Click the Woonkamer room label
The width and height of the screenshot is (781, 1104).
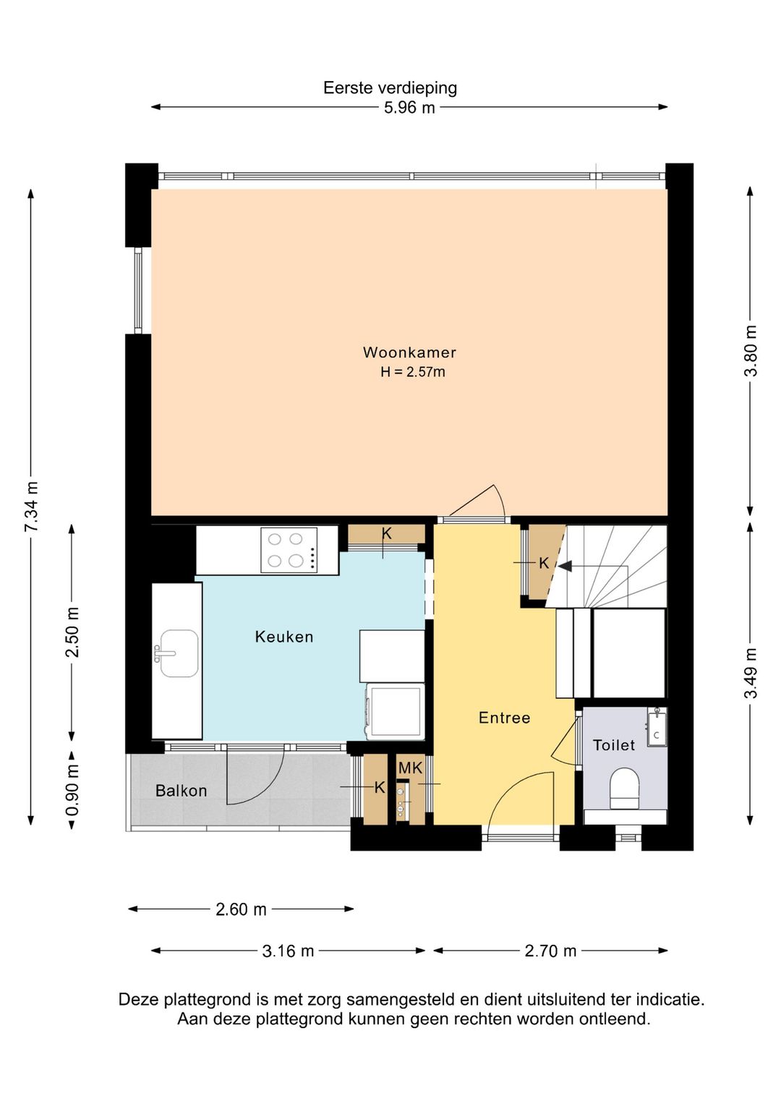click(409, 352)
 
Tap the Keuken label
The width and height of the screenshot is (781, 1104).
click(284, 637)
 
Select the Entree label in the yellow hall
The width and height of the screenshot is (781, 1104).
click(505, 718)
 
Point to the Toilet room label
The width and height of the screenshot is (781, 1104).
click(614, 744)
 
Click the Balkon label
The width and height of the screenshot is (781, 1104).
click(181, 791)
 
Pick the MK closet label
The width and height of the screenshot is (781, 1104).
click(411, 768)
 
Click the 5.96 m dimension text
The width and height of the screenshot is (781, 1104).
click(409, 108)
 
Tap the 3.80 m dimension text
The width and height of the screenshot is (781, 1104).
click(751, 350)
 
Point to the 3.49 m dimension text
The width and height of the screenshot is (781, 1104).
click(751, 673)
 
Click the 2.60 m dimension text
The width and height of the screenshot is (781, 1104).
click(241, 909)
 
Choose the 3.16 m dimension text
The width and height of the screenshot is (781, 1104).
click(288, 951)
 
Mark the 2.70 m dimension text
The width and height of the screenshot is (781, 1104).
click(550, 951)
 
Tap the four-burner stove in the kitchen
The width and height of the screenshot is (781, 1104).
click(289, 550)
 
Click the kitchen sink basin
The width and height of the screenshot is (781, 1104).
click(179, 653)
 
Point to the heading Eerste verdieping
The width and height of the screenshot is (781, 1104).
click(390, 88)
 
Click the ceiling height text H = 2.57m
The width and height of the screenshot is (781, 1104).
click(412, 372)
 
